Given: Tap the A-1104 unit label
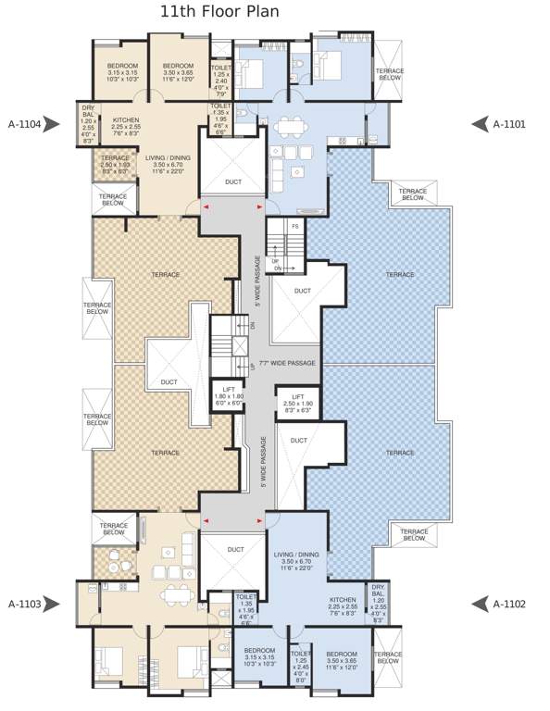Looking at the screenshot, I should tap(25, 123).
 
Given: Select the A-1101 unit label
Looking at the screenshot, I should tap(510, 123).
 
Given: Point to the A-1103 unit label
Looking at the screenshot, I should tap(25, 604).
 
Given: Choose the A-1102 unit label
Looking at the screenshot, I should tap(509, 604).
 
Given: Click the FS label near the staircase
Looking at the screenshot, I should tap(294, 226).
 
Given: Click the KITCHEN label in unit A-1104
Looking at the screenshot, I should tap(126, 120).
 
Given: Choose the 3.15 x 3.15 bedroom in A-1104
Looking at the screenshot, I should tap(122, 66).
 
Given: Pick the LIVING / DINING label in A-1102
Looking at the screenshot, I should tap(296, 555).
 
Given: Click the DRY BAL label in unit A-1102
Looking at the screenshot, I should tap(378, 589).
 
